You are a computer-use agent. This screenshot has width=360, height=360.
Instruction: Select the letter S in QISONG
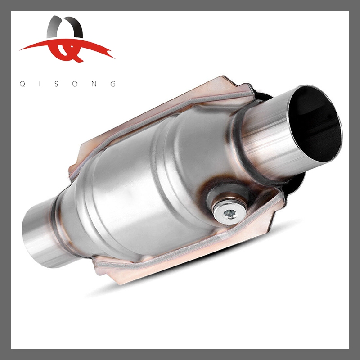[x=58, y=84]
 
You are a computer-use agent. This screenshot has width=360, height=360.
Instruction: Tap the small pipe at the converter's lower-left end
[x=38, y=234]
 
